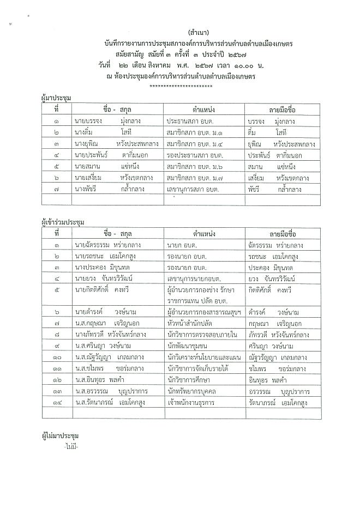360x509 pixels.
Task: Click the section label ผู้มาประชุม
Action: tap(57, 98)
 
